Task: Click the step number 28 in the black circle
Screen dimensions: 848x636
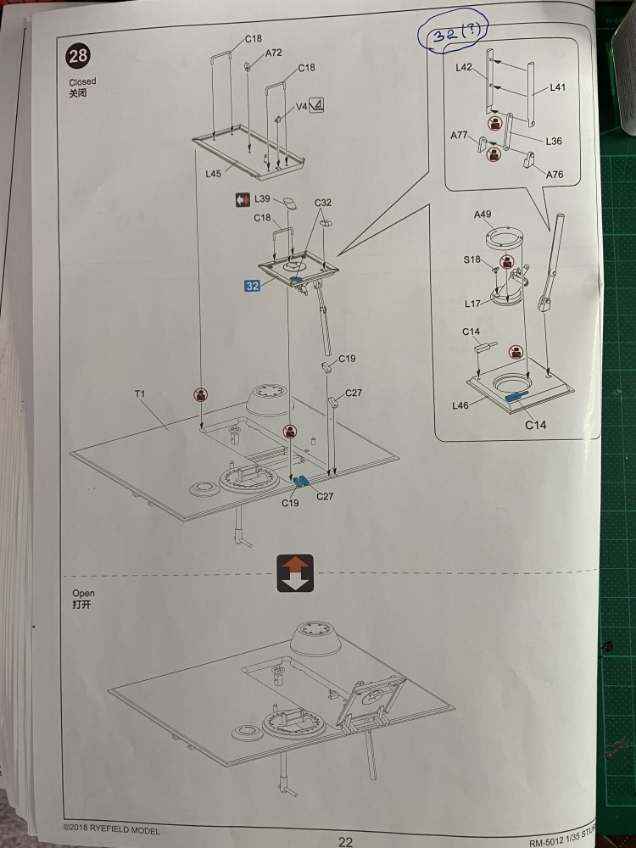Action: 78,58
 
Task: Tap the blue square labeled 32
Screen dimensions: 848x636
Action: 253,286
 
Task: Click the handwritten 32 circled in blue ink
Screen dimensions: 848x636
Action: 457,36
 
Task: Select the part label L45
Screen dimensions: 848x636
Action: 213,173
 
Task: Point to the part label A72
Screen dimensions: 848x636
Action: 273,53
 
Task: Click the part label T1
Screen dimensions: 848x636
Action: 140,394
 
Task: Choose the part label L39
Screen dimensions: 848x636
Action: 261,198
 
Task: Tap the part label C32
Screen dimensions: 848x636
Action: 322,203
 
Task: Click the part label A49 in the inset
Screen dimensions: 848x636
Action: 483,215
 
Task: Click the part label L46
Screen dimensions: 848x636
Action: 460,406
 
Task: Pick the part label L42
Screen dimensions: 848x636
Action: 466,67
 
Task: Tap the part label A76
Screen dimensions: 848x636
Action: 555,175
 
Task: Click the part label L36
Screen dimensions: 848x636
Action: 554,141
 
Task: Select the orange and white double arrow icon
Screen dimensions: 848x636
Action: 295,573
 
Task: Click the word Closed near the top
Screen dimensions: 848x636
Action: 82,82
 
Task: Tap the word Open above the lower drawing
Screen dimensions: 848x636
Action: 83,594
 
